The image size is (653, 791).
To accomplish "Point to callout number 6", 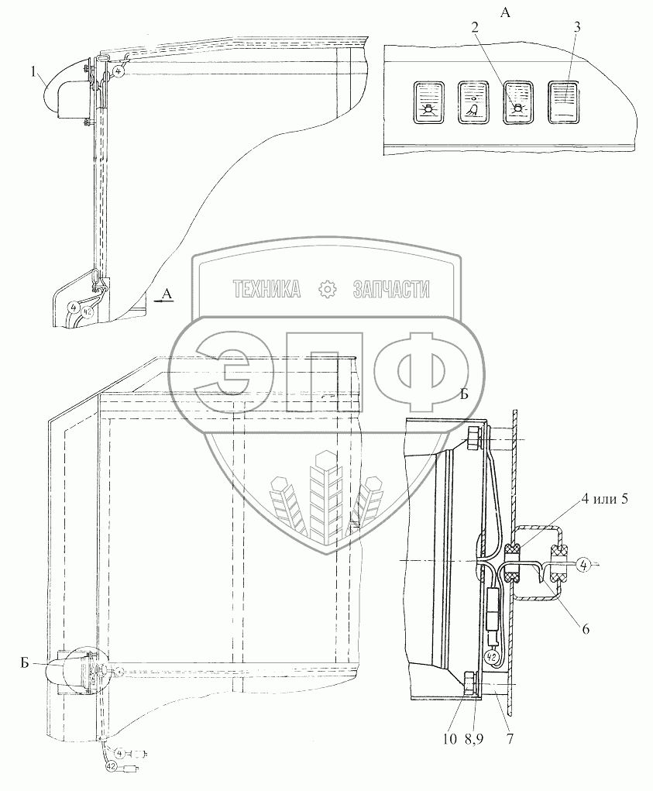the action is pyautogui.click(x=586, y=629).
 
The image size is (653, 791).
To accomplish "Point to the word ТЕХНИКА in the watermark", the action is pyautogui.click(x=267, y=290).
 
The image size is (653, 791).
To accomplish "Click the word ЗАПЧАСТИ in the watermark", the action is pyautogui.click(x=391, y=290).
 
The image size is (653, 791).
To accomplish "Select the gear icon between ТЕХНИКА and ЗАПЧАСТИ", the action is pyautogui.click(x=328, y=290).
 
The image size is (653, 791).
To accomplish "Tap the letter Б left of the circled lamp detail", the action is pyautogui.click(x=26, y=664).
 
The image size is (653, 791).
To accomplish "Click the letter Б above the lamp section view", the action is pyautogui.click(x=463, y=394).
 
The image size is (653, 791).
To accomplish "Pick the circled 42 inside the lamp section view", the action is pyautogui.click(x=490, y=658).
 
